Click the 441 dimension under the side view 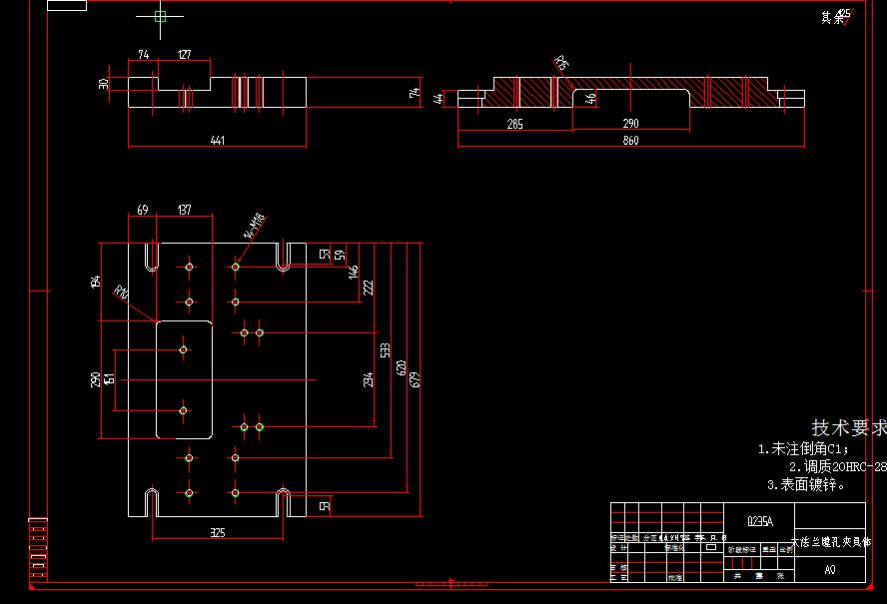coord(217,141)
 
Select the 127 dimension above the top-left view coord(185,55)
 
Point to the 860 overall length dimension coord(630,141)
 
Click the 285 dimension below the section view coord(514,124)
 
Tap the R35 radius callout coord(561,65)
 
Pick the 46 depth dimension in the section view coord(590,98)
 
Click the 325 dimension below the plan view coord(217,532)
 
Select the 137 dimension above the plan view coord(184,210)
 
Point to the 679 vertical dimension coord(416,379)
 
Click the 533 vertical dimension coord(385,349)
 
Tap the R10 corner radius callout coord(122,294)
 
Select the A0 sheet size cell coord(829,571)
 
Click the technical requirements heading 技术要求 coord(848,428)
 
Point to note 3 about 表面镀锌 coord(805,484)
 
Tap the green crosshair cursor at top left coord(160,15)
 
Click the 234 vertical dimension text coord(368,379)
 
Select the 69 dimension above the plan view coord(142,210)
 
